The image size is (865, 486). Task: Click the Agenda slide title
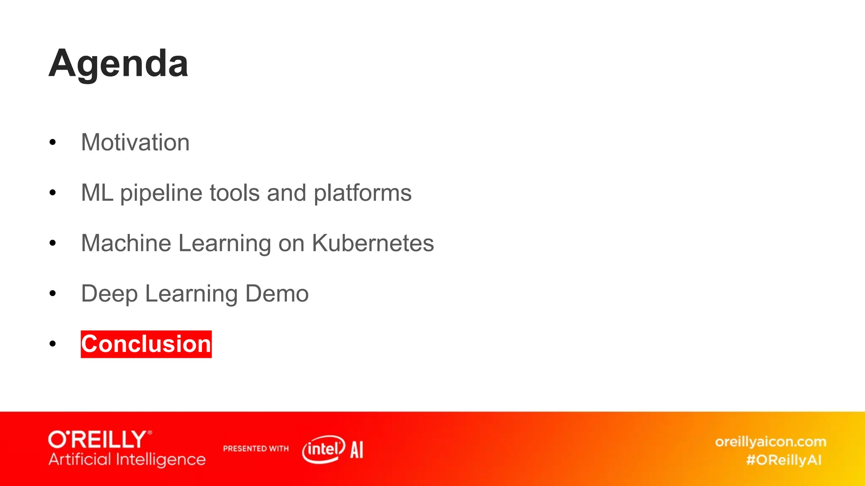click(119, 64)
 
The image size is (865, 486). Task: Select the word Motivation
click(135, 143)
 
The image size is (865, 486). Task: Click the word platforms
click(362, 193)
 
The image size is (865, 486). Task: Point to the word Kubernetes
click(373, 243)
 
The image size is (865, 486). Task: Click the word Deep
click(109, 294)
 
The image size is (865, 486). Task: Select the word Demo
click(277, 294)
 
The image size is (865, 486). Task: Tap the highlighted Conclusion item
click(146, 344)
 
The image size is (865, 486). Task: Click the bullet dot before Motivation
click(52, 143)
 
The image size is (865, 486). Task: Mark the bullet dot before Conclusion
click(52, 344)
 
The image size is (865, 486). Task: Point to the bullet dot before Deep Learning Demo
click(52, 294)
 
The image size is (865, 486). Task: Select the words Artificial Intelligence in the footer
click(127, 459)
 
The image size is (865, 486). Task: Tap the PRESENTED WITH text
click(256, 448)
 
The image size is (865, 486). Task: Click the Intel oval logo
click(324, 449)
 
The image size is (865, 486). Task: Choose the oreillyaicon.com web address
click(770, 442)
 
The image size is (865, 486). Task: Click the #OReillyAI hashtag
click(784, 460)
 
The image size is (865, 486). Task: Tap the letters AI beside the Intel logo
click(357, 450)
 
